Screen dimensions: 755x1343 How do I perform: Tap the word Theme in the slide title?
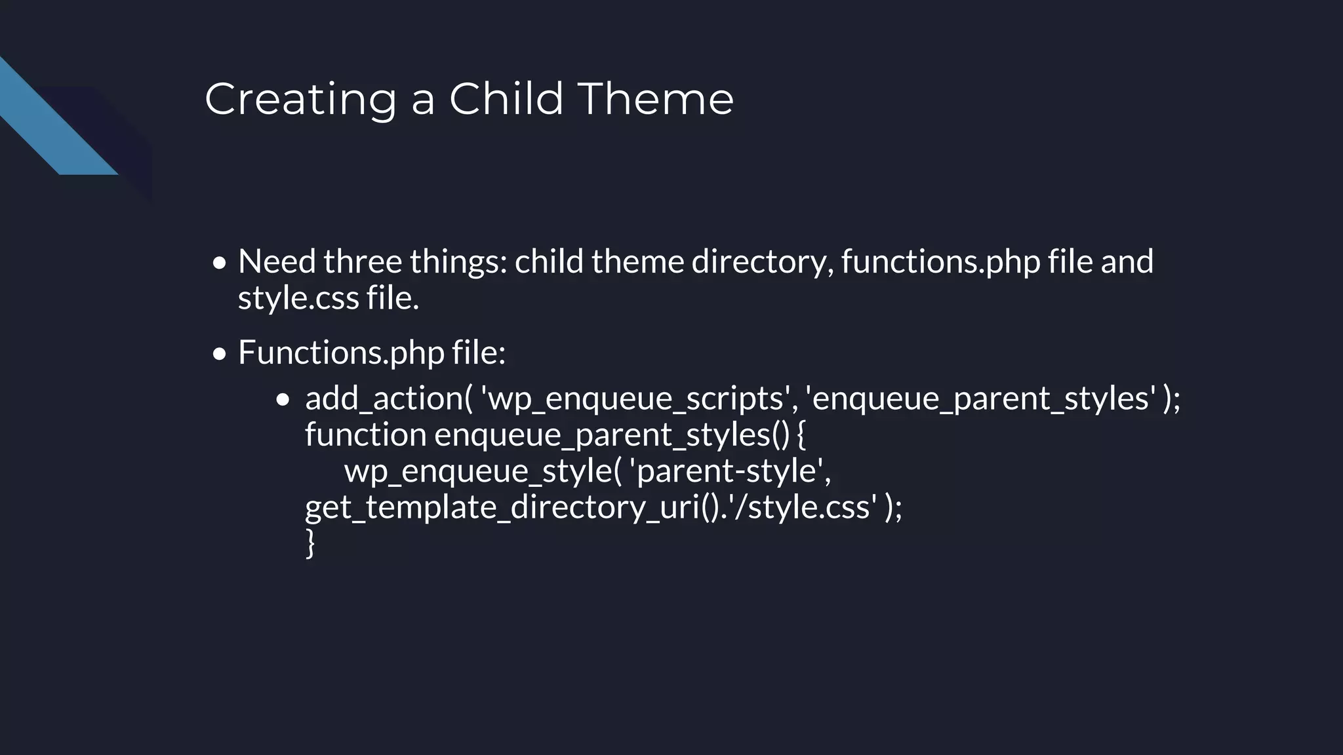click(x=655, y=100)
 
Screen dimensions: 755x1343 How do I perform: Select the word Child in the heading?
click(x=506, y=100)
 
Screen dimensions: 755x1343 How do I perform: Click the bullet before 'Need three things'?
click(x=220, y=263)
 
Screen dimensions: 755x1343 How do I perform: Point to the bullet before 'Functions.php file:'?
click(x=220, y=355)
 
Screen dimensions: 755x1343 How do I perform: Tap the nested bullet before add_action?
click(x=283, y=400)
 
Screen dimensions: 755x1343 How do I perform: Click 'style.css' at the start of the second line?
click(x=298, y=298)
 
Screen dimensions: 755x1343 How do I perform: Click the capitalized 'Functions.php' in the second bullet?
click(x=341, y=353)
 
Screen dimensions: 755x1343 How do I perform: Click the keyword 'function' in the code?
click(x=365, y=435)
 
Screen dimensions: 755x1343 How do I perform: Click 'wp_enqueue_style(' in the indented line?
click(x=482, y=471)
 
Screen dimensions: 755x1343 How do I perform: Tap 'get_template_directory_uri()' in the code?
click(x=514, y=508)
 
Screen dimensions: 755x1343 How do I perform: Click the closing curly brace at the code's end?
click(x=310, y=544)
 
